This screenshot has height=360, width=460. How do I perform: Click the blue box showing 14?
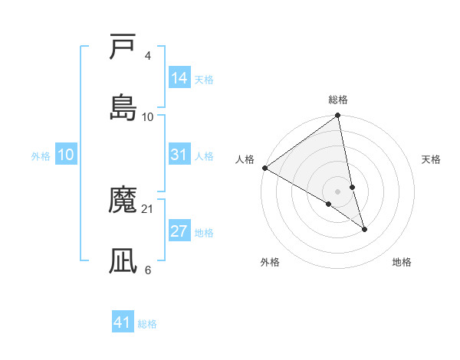(x=179, y=77)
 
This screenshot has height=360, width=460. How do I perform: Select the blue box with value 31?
(x=179, y=155)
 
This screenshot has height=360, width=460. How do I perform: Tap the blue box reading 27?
(x=179, y=231)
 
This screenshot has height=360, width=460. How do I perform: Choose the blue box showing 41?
(x=123, y=322)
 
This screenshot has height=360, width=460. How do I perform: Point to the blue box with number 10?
(x=66, y=155)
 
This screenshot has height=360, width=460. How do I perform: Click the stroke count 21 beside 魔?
(x=148, y=208)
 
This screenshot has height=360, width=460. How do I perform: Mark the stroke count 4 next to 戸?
(x=147, y=55)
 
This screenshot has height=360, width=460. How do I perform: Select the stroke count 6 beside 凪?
(x=147, y=270)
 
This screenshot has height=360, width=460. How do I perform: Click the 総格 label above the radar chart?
(x=338, y=100)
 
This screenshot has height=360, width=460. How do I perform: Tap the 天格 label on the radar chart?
(x=431, y=159)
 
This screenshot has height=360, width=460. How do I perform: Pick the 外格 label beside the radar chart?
(x=270, y=262)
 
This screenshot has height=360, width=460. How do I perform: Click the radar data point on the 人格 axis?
(x=264, y=168)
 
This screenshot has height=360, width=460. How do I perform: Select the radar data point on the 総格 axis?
(x=338, y=116)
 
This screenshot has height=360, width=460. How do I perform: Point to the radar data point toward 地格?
(x=364, y=228)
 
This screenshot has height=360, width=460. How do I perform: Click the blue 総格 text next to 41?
(x=147, y=324)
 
